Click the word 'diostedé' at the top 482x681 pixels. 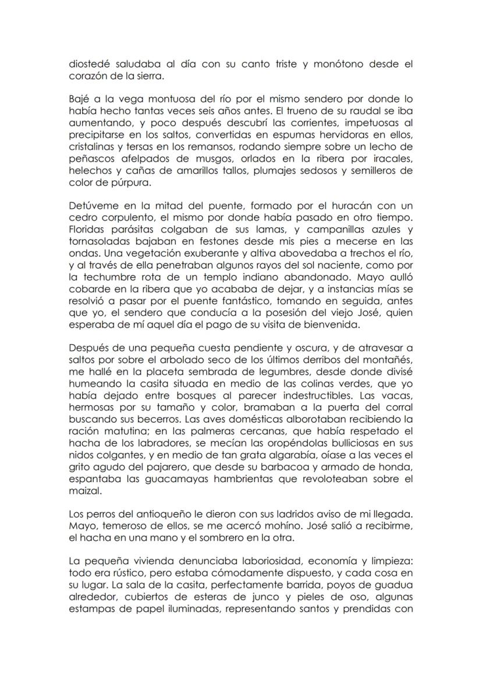88,65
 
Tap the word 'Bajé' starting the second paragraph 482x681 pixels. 80,100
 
